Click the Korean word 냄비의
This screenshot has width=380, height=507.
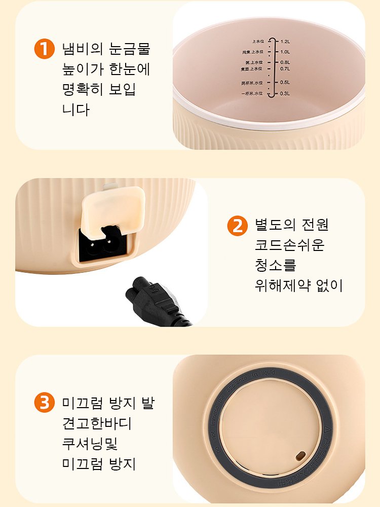tap(82, 49)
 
